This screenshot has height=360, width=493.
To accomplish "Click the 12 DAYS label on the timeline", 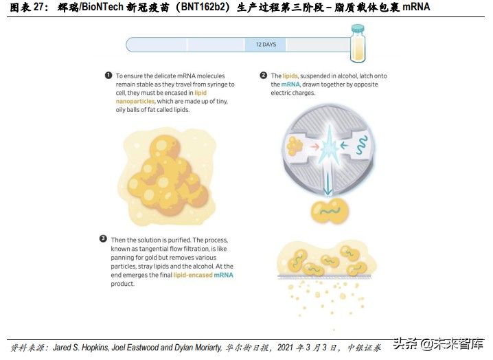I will point(266,45).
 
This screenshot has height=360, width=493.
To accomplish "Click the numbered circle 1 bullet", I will point(108,76).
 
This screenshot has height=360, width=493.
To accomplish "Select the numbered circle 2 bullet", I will point(263,76).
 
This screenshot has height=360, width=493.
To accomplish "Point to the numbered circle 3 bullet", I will point(103,239).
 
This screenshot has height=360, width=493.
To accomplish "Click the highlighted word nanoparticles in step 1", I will point(135,101).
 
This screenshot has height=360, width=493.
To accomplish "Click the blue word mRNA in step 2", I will point(280,85).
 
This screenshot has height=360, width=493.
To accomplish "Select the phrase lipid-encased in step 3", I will point(193,275).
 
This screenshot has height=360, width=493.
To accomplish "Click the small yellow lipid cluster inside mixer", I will point(296,145).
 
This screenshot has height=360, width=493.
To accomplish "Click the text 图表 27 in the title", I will point(24,8).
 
